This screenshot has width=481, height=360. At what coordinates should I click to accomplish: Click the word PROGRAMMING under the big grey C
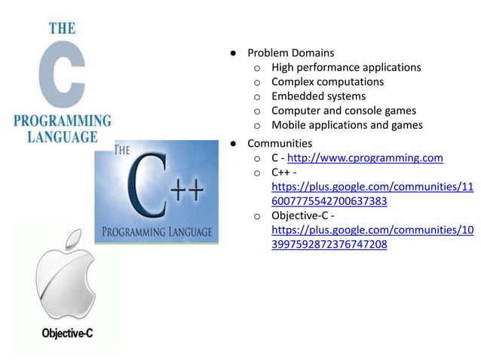point(63,121)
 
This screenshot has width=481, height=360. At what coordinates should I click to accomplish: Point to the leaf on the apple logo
point(73,240)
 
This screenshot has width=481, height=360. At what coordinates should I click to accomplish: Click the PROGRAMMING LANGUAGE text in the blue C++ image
point(157,229)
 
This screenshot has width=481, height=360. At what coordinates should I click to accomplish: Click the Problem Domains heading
point(291,53)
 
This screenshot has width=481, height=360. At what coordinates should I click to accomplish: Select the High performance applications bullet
point(346,68)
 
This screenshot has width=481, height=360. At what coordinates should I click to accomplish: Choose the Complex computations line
point(327,82)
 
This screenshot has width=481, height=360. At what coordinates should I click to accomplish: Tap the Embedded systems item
point(318,96)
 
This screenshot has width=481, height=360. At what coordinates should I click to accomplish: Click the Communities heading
point(280,143)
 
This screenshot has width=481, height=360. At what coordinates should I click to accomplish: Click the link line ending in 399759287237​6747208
point(329,245)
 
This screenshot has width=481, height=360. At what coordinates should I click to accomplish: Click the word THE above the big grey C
point(62,29)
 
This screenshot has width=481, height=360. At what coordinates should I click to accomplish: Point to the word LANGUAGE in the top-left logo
point(63,137)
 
